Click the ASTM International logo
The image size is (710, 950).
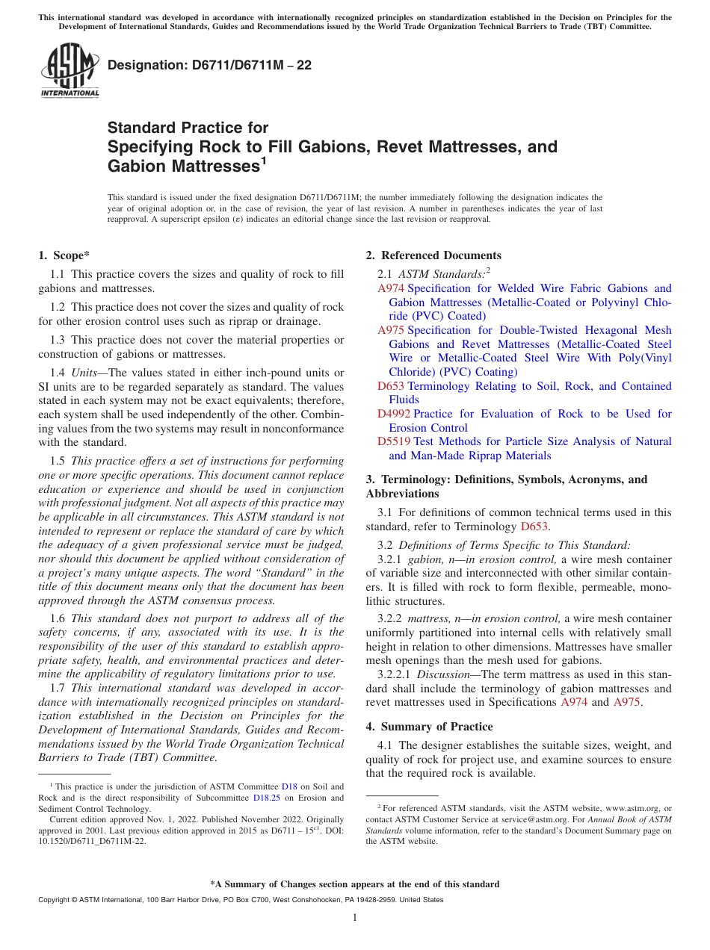click(70, 71)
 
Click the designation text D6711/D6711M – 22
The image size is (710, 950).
click(209, 66)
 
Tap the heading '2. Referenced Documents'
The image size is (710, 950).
click(433, 255)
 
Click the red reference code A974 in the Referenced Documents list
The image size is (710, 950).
click(391, 288)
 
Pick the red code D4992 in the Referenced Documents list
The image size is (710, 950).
click(394, 414)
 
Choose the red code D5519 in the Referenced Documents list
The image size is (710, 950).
click(394, 441)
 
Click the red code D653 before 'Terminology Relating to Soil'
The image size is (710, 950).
click(391, 386)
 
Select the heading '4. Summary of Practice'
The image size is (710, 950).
click(429, 727)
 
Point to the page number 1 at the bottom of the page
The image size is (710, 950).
click(355, 918)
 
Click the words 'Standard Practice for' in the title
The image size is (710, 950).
click(188, 128)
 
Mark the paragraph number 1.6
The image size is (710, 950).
click(58, 618)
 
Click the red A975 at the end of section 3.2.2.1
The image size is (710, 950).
click(626, 703)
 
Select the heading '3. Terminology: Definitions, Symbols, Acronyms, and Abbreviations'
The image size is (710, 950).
click(506, 486)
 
